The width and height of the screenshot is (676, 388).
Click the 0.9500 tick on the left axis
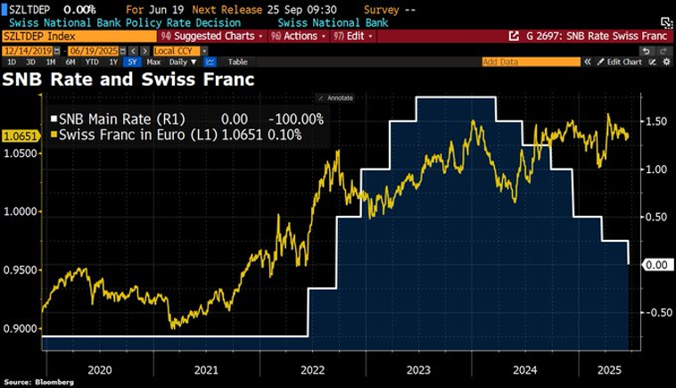[22, 270]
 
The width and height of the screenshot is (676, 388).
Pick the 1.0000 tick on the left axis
[22, 211]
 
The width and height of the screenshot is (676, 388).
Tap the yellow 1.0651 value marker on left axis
[18, 136]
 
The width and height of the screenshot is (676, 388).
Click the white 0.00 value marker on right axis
[656, 265]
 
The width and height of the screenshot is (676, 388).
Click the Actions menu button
[301, 37]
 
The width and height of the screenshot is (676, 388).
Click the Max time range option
[153, 62]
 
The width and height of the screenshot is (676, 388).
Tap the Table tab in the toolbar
[237, 62]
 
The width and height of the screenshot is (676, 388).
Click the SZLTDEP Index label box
[40, 37]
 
